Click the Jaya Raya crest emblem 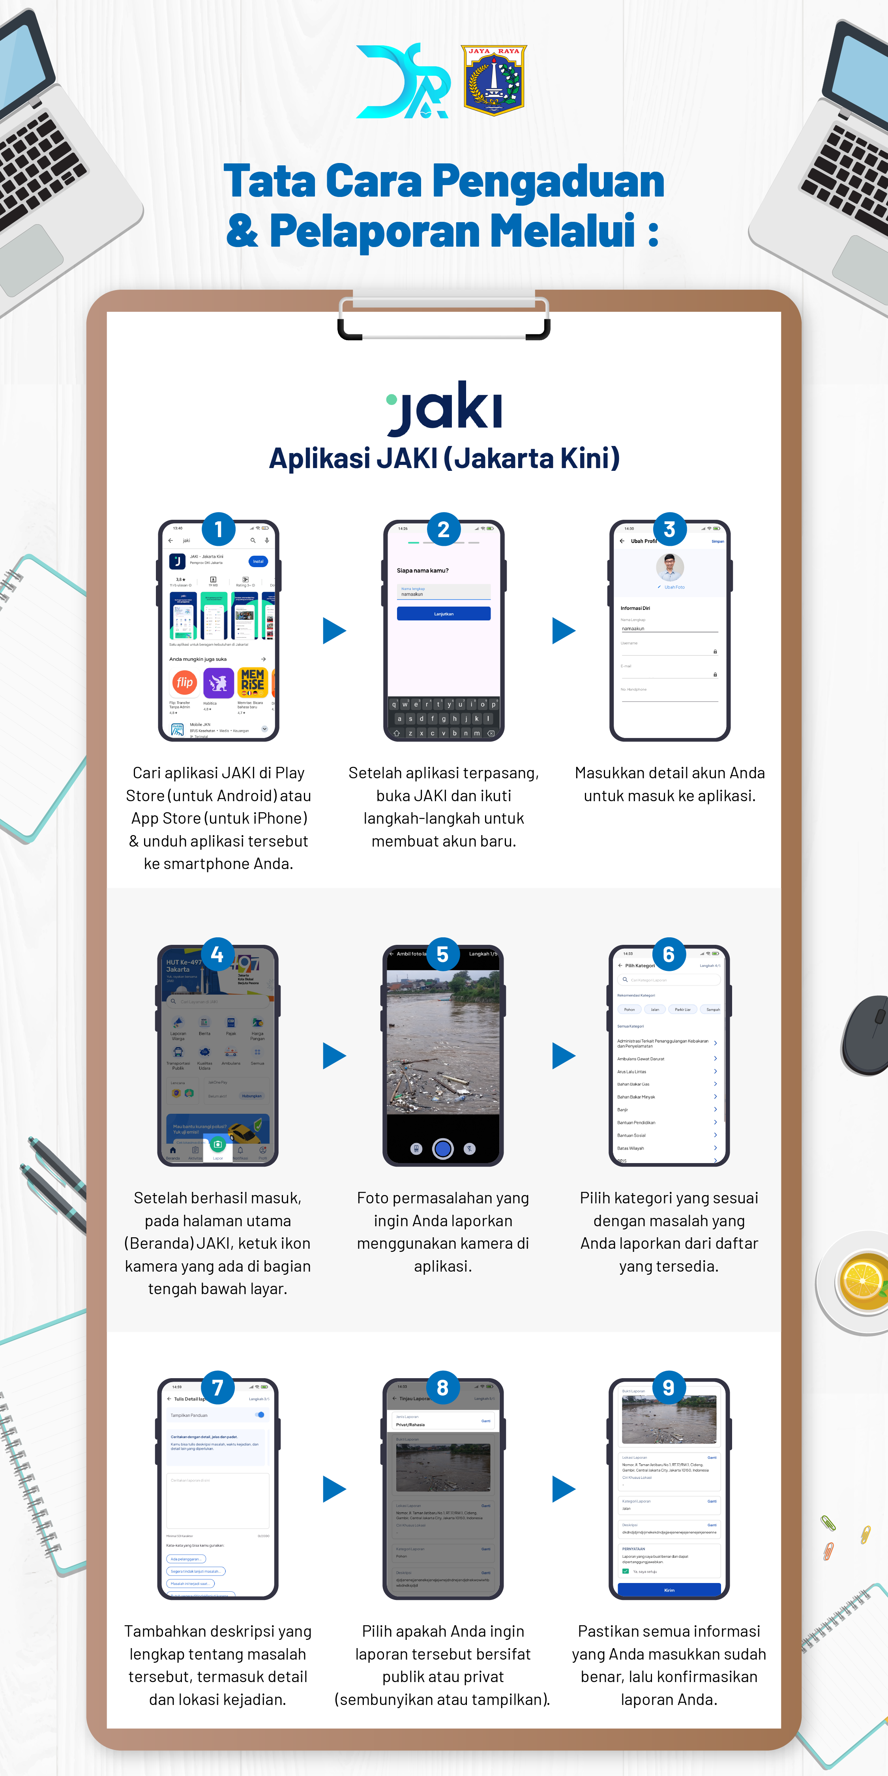click(x=494, y=80)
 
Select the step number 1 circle click(x=219, y=530)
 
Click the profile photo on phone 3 click(x=669, y=567)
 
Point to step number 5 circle click(x=443, y=954)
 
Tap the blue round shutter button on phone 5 click(x=443, y=1148)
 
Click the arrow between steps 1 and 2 click(x=334, y=631)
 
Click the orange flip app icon click(x=184, y=682)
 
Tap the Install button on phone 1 click(x=258, y=561)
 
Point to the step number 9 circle click(x=668, y=1388)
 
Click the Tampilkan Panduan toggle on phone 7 click(x=260, y=1415)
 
